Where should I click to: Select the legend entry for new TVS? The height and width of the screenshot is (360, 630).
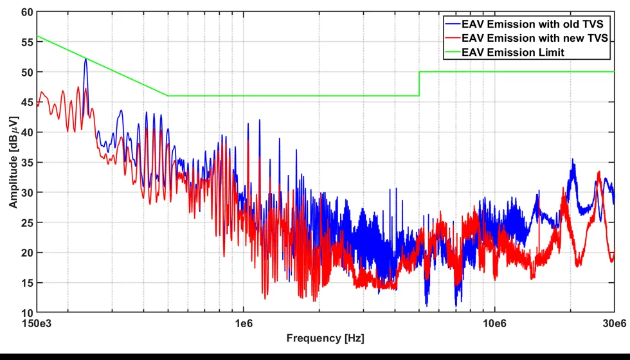coord(526,38)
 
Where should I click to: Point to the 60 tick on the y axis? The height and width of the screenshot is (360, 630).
coord(27,12)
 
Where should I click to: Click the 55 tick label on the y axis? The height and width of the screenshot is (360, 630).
coord(27,42)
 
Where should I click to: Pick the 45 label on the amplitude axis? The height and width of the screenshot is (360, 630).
coord(27,102)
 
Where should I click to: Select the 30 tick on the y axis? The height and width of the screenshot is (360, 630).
coord(27,192)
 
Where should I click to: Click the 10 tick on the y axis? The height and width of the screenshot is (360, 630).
coord(27,312)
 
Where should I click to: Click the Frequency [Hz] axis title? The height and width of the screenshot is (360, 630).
coord(325,338)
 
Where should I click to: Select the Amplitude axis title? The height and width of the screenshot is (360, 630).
coord(14,162)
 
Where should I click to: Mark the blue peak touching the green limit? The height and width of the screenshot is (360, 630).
coord(85,59)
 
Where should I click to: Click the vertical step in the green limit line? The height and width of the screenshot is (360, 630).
coord(419,84)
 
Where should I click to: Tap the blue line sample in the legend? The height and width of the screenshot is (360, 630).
coord(453,24)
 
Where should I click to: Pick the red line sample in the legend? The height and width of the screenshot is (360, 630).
coord(453,38)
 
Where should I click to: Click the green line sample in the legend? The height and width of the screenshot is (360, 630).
coord(453,52)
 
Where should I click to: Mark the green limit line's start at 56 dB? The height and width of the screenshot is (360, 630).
coord(37,36)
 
